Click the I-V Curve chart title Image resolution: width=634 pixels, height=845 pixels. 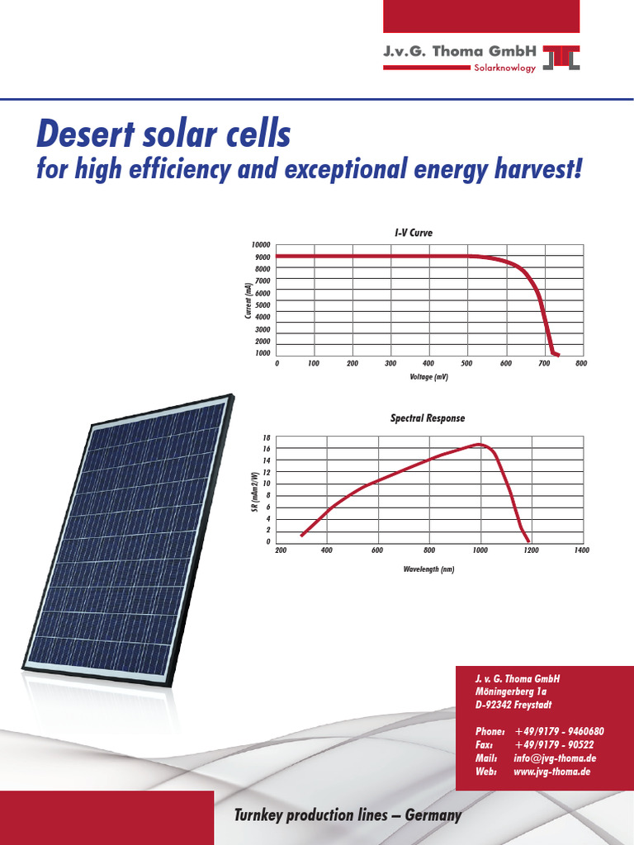413,234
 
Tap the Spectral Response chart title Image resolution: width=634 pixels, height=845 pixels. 427,418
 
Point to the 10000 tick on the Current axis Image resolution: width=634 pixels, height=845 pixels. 261,245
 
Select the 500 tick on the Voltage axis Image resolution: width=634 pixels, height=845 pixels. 467,363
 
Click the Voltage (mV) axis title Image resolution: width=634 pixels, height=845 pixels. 428,377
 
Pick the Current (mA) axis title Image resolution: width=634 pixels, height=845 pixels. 248,300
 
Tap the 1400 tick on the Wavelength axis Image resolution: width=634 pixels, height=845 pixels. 581,550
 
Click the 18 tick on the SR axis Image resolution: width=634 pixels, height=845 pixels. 267,437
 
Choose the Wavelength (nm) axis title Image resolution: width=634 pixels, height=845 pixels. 428,569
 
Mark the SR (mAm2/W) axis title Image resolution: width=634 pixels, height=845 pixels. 255,489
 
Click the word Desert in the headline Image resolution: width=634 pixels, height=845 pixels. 88,133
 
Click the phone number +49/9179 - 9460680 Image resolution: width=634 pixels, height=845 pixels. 559,732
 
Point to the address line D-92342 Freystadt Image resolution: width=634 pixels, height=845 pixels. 514,706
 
